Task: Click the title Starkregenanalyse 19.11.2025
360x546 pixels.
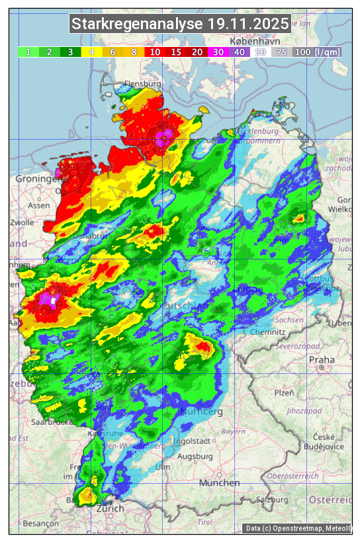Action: [180, 24]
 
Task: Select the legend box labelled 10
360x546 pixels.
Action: [156, 52]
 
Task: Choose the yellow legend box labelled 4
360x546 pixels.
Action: [92, 52]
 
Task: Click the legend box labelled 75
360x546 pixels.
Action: [281, 52]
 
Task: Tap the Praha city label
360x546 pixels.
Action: [322, 360]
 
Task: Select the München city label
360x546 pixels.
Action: [219, 483]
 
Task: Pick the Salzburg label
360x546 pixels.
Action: [275, 500]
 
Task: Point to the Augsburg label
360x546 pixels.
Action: [195, 457]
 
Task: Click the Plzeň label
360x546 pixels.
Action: [284, 392]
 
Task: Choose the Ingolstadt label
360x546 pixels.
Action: [192, 441]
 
